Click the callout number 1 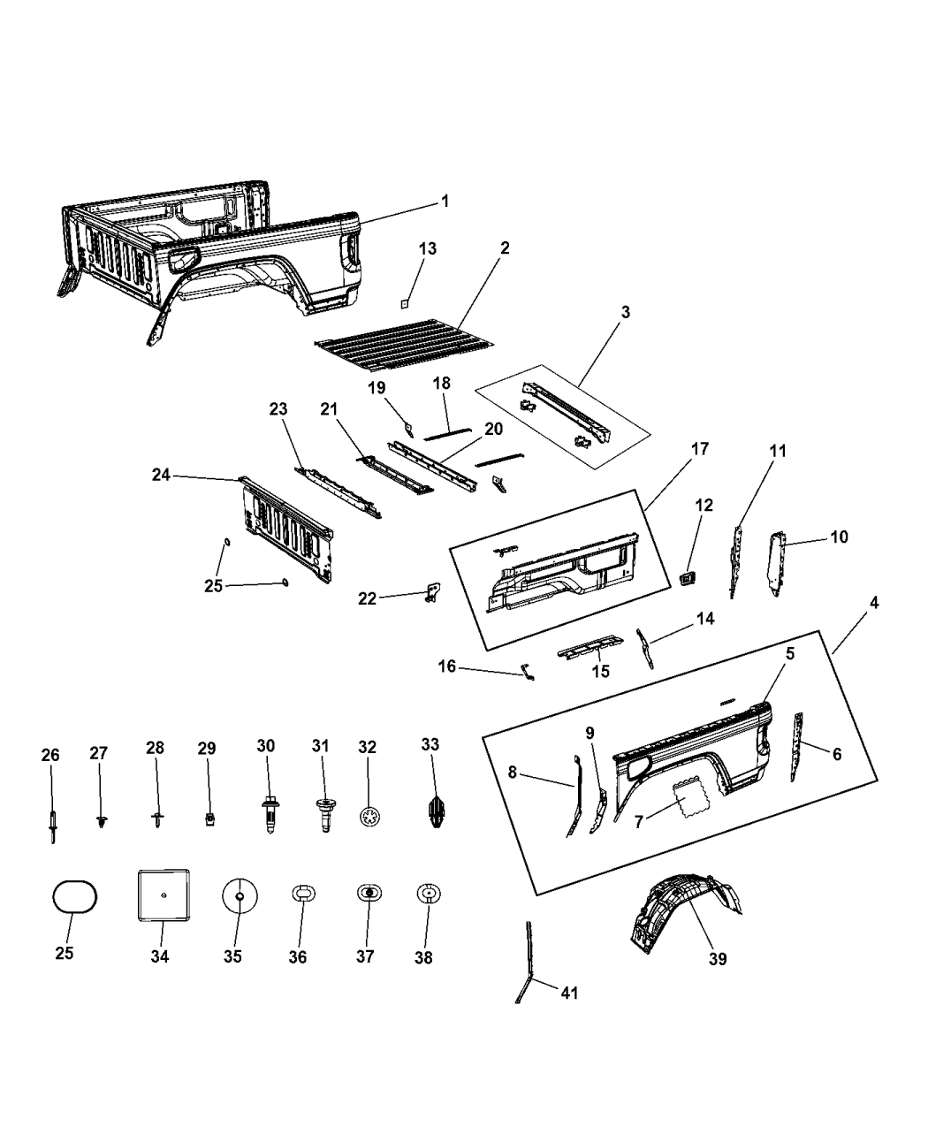445,202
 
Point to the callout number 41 569,993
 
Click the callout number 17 699,449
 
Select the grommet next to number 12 686,578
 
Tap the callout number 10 838,537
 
